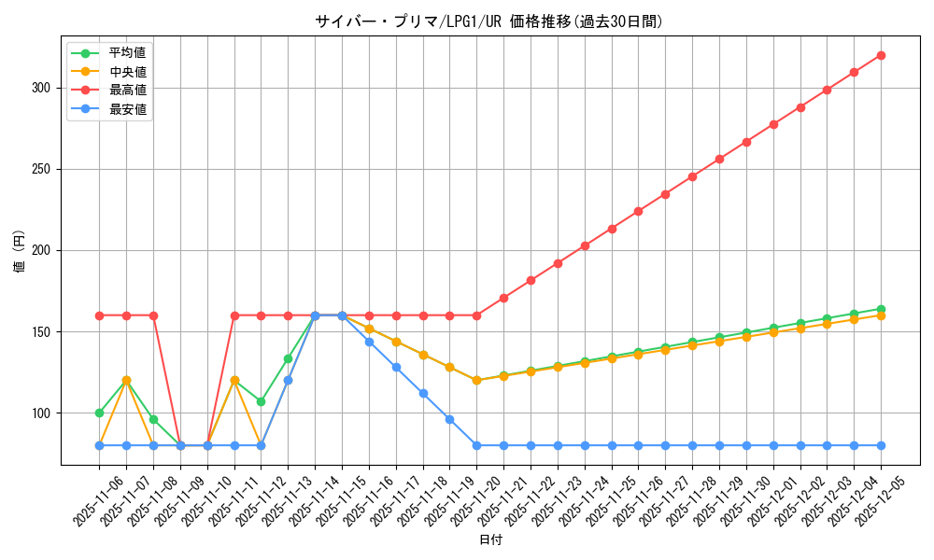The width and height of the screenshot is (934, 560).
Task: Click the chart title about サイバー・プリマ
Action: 490,21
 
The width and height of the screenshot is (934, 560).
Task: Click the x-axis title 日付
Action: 490,540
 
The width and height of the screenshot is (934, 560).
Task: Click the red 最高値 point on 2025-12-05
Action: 881,56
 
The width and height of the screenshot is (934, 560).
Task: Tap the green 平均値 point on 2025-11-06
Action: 99,413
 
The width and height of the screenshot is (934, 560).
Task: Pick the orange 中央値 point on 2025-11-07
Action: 126,381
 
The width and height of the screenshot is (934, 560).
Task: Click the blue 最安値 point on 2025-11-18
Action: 423,394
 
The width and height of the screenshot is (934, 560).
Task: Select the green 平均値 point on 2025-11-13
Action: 288,358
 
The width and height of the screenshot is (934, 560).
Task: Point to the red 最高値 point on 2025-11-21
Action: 503,298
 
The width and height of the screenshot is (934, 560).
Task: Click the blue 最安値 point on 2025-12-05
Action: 881,445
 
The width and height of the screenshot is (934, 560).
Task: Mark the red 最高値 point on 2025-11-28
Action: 692,176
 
